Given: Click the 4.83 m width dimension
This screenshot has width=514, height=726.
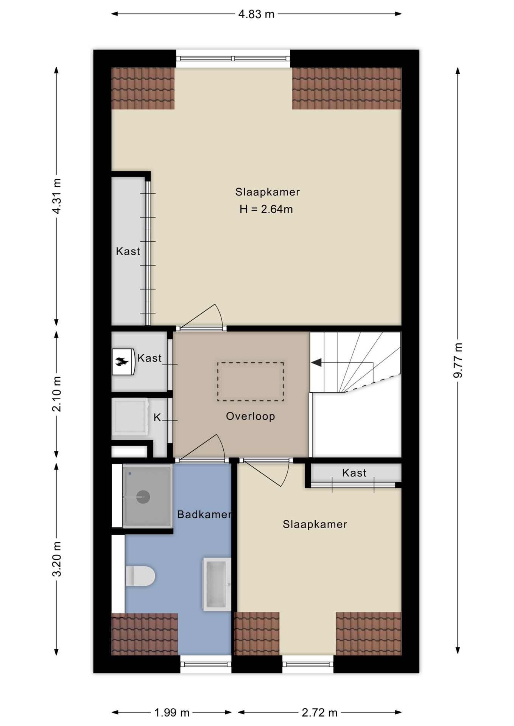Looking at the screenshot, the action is point(256,14).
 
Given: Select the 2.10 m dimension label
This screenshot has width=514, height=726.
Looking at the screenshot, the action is point(57,394).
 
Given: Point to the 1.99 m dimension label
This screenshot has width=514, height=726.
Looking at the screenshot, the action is point(172,713).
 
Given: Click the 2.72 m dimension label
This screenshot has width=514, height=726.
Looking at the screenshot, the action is point(319,713).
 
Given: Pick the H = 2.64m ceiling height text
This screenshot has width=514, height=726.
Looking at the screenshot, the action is point(266,209).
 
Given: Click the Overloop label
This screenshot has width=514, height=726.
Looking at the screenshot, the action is point(251,416).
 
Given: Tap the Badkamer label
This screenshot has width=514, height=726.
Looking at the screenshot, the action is point(204,514).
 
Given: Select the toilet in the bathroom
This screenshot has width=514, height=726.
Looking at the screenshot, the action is point(140,576).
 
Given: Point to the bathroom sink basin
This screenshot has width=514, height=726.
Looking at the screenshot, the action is point(217,584).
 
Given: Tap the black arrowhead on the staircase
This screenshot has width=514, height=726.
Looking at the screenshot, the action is point(316,363).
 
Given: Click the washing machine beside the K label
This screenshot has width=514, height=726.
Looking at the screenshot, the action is point(130,417).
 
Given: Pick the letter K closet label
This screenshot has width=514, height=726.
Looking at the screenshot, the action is point(157,417).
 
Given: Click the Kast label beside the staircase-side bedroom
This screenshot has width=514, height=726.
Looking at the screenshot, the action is point(354,473).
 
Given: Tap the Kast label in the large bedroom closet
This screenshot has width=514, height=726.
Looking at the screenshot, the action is point(128,251).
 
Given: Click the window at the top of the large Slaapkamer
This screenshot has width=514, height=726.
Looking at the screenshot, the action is point(233,59).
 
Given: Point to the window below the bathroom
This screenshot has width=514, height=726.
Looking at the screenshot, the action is point(206,664).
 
